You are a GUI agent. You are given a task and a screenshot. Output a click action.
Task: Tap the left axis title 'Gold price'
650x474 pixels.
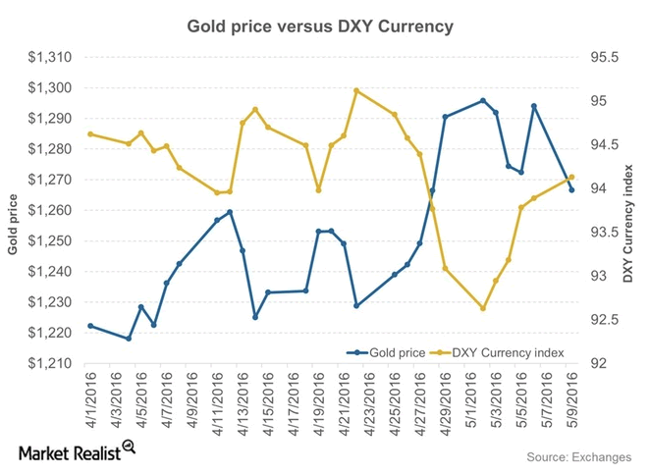(13, 225)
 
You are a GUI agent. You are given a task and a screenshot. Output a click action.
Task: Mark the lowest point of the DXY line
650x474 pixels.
(483, 308)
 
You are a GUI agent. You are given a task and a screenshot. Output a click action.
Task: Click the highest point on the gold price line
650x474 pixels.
(483, 100)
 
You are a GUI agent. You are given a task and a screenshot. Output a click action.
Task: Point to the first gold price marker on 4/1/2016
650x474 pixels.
(90, 326)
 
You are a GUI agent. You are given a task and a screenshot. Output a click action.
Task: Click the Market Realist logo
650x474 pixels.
(76, 452)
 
